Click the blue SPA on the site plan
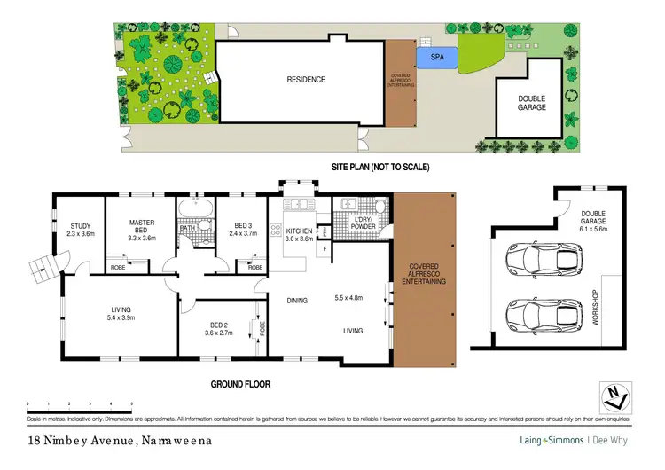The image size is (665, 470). (x=437, y=59)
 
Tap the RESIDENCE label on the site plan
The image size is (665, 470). (x=305, y=80)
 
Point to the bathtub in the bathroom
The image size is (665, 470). (x=192, y=209)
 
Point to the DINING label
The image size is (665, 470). (x=297, y=301)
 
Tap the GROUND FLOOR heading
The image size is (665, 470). (x=239, y=385)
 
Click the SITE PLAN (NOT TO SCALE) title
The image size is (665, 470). (x=379, y=166)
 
